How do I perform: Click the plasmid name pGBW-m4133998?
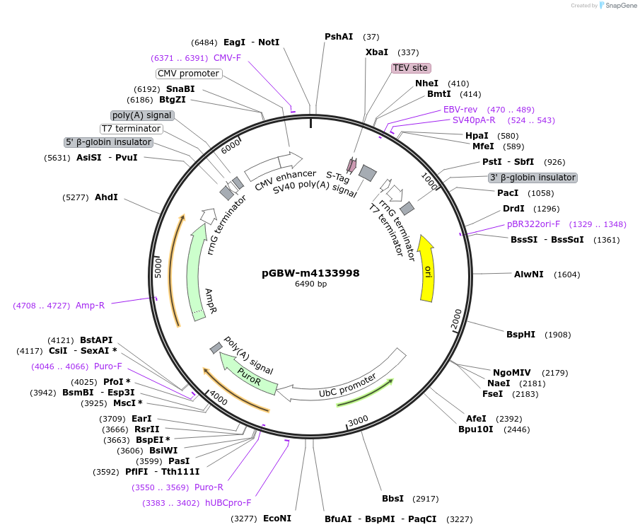pos(310,272)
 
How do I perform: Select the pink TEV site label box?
pos(410,68)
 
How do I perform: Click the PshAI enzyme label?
pos(339,36)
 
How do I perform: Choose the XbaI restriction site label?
pos(377,52)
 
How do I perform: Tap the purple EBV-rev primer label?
pos(460,110)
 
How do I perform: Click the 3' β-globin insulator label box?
pos(533,178)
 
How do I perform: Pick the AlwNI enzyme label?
pos(529,274)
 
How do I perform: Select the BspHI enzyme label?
pos(522,334)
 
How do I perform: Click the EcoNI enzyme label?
pos(277,519)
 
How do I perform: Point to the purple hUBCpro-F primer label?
pos(228,503)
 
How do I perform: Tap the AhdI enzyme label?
pos(106,197)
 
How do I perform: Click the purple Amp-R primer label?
pos(90,306)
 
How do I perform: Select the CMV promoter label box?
pos(188,74)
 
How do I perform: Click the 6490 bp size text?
pos(310,284)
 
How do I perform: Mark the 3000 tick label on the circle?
pos(359,420)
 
